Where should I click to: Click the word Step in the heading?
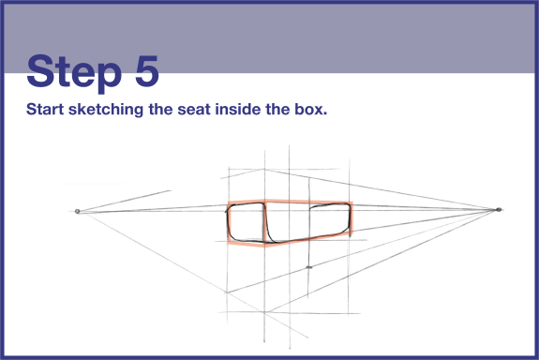coord(74,73)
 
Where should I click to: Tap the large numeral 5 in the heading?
coord(147,70)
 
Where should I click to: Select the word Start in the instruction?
coord(45,110)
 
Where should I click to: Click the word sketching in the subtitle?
coord(106,110)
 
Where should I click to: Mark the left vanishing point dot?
coord(78,212)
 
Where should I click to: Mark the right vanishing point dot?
coord(499,209)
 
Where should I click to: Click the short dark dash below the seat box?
coord(309,267)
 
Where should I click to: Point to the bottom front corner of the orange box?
coord(264,246)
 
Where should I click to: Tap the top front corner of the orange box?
coord(264,200)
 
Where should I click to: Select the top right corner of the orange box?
coord(352,202)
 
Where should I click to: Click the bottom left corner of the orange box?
coord(229,243)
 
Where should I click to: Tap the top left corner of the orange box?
coord(229,202)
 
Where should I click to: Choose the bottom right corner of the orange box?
coord(351,234)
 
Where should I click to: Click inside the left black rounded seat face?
coord(247,222)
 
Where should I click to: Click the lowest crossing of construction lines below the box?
coord(264,312)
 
